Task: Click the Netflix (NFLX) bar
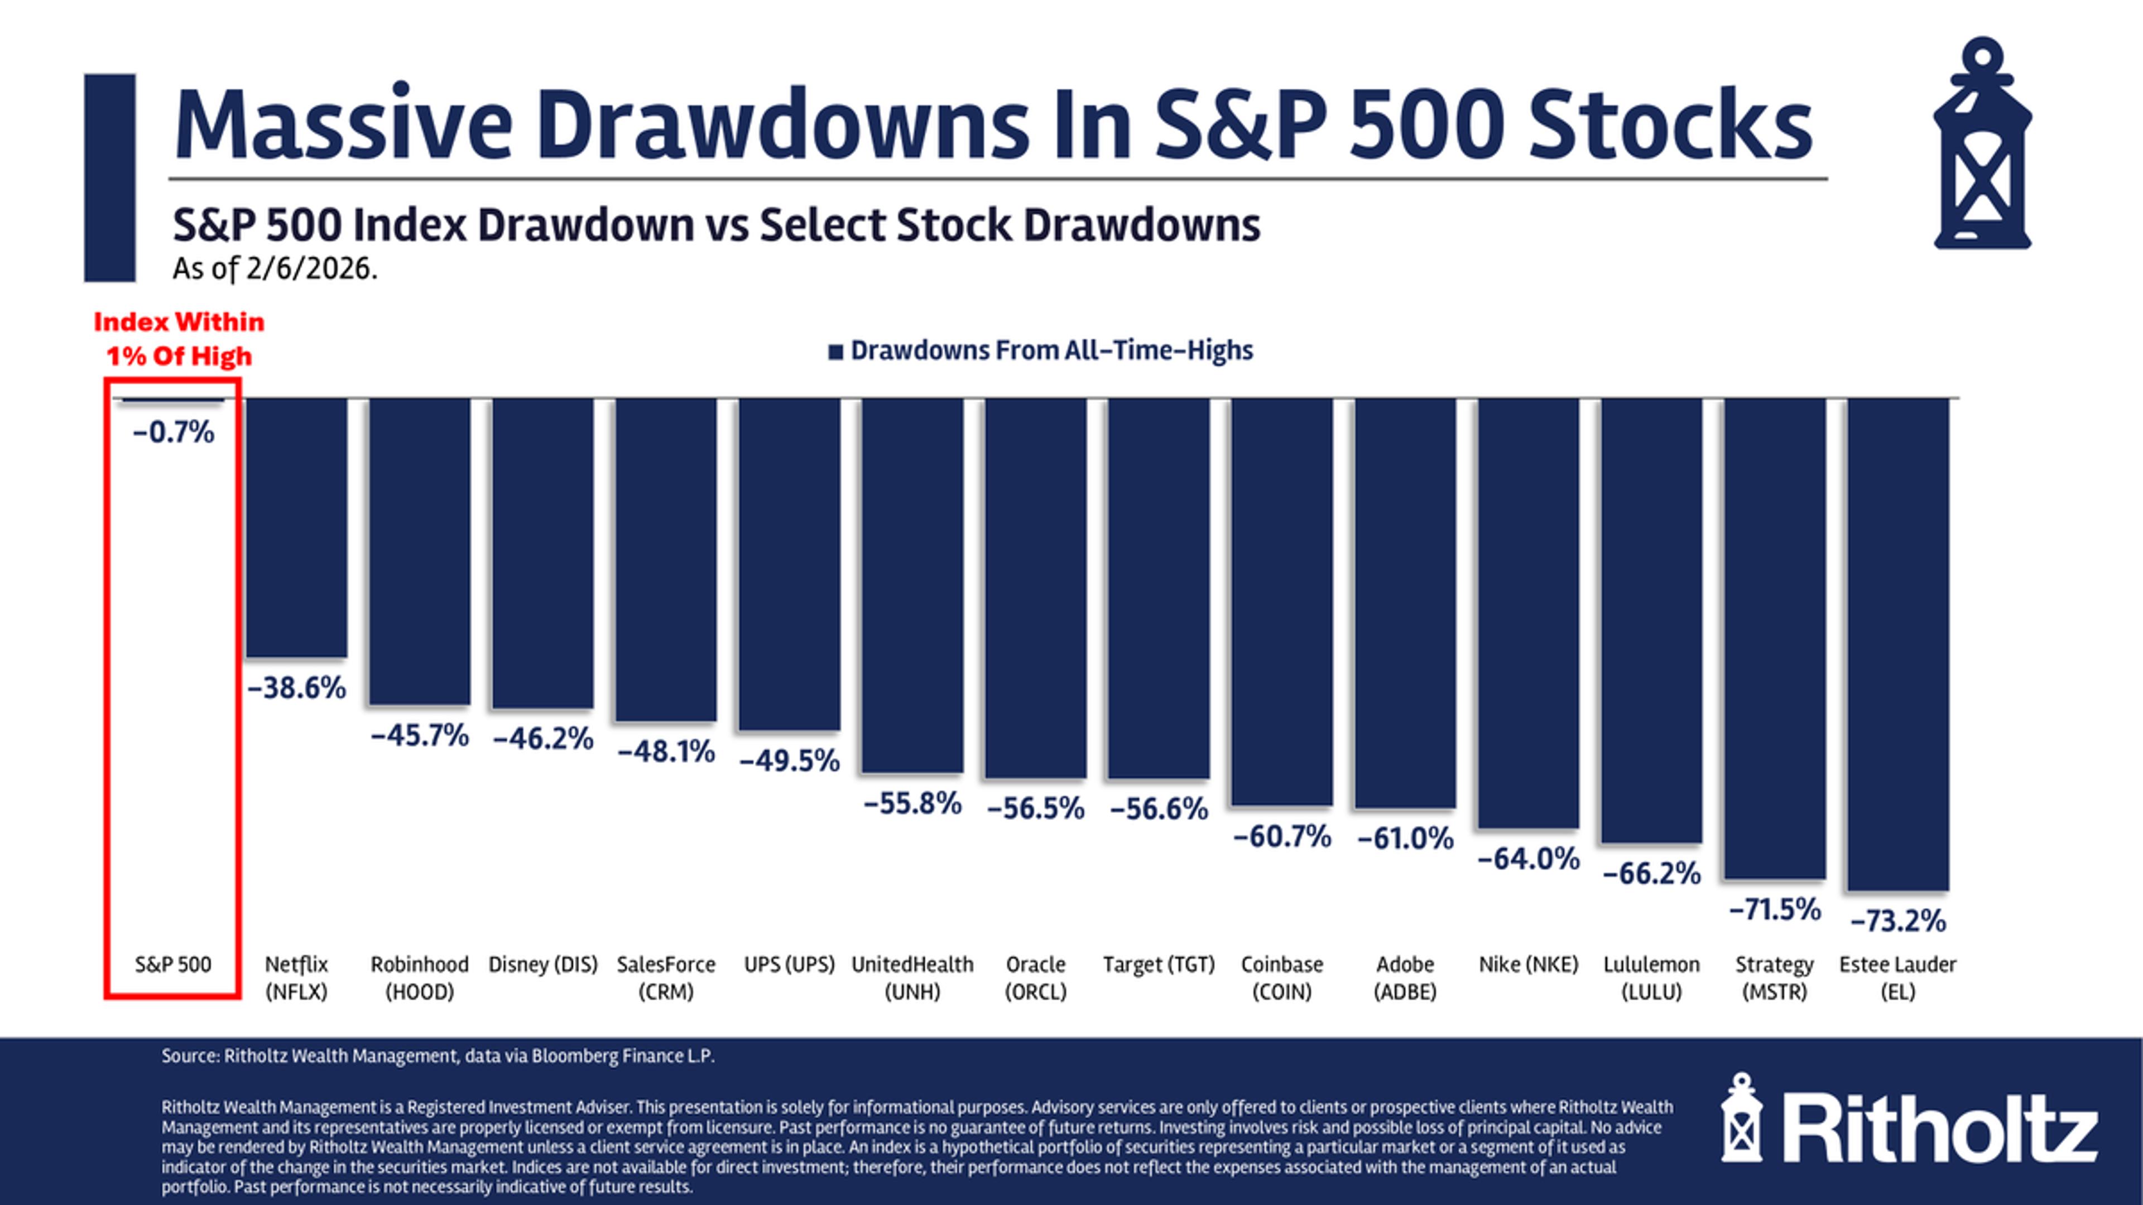click(x=296, y=528)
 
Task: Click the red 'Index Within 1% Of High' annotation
click(x=179, y=339)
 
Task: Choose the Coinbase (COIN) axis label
click(x=1282, y=978)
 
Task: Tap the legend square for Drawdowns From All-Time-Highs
click(x=835, y=352)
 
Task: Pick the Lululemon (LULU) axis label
click(x=1651, y=978)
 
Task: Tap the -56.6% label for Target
click(x=1159, y=808)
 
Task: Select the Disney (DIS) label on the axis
click(x=542, y=965)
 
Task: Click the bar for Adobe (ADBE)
click(x=1405, y=603)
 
